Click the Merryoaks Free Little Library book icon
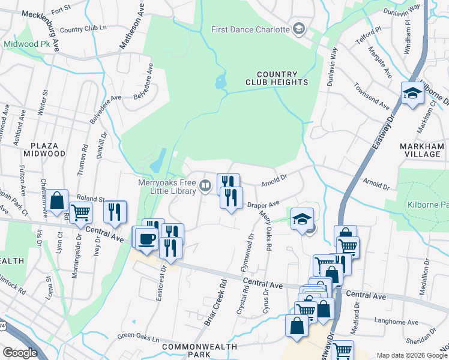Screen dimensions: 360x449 click(206, 185)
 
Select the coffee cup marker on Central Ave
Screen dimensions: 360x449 click(147, 239)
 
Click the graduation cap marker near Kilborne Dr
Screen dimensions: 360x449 click(412, 94)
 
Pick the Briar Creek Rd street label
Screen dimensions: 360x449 click(214, 303)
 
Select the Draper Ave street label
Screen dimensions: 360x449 click(265, 205)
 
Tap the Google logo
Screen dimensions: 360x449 click(20, 352)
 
